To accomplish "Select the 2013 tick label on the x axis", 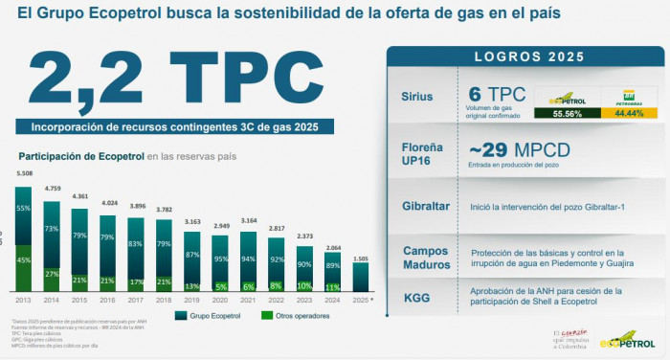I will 24,299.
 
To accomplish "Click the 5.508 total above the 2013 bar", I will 25,173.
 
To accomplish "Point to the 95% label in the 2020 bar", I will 220,259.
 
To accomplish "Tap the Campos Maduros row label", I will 420,258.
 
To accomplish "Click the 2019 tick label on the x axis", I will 191,299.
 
